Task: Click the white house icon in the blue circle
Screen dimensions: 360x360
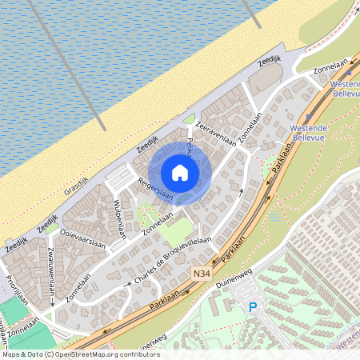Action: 180,172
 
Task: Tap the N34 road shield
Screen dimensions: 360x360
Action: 202,273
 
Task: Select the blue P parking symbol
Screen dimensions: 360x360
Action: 253,306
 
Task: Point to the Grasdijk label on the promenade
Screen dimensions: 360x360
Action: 75,184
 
